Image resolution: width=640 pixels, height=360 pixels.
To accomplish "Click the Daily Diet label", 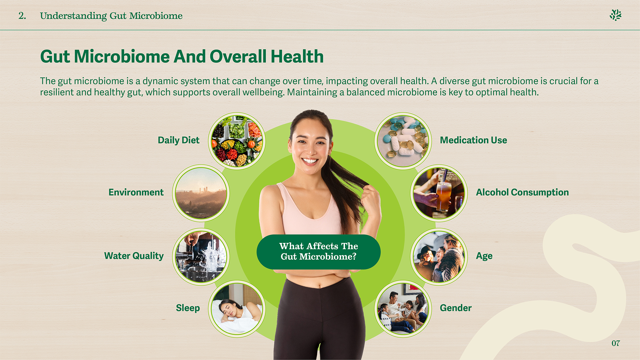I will click(178, 140).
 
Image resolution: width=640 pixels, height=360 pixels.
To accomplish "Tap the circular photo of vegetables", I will click(237, 141).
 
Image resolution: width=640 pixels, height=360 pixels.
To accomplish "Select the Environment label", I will click(136, 192).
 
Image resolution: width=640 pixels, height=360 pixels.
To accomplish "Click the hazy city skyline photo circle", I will click(201, 193).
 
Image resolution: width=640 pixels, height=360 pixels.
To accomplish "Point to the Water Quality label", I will click(134, 256).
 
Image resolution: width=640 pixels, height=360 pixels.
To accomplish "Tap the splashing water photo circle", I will click(201, 256).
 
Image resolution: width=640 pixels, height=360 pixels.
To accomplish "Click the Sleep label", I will click(188, 308).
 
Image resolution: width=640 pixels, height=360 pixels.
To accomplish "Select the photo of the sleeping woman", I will click(237, 309).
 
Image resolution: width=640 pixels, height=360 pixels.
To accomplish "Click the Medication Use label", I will click(473, 140).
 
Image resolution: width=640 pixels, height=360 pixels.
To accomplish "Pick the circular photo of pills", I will click(403, 141).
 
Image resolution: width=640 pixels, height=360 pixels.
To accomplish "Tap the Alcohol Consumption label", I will click(522, 192).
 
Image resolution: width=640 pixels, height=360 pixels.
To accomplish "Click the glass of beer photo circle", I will click(439, 193).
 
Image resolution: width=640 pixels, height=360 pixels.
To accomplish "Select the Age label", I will click(484, 256).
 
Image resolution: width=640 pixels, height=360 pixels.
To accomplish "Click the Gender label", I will click(456, 308).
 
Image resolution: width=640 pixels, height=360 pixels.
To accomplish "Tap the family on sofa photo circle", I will click(403, 309).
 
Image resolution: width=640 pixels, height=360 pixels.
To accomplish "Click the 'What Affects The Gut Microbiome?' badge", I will click(318, 252).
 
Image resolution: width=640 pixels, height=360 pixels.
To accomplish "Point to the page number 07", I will click(615, 343).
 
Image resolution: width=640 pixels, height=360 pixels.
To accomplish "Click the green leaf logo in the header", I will click(615, 15).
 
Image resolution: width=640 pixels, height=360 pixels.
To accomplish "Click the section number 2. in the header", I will click(22, 16).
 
